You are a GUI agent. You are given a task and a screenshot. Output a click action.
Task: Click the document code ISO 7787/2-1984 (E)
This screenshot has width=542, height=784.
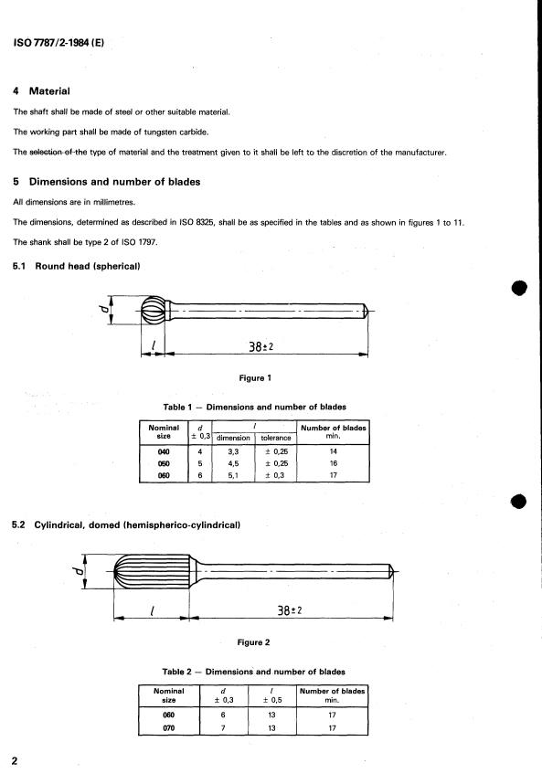[58, 43]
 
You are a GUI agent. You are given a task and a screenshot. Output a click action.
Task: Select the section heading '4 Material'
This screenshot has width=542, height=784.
[41, 91]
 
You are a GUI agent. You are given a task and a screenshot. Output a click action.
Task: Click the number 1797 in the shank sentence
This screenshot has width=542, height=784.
[147, 242]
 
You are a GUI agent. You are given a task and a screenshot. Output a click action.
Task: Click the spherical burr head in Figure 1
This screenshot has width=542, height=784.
[153, 311]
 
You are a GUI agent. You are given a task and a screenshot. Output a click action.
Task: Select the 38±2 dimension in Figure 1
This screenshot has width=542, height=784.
[261, 346]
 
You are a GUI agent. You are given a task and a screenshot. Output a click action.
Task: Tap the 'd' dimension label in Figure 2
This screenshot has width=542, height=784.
[78, 570]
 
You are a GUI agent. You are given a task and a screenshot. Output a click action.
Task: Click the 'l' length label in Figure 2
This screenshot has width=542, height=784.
[152, 610]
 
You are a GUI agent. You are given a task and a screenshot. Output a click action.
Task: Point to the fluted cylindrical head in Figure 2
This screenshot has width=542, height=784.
[152, 570]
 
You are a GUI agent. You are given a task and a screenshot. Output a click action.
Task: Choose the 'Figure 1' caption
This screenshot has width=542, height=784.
[255, 378]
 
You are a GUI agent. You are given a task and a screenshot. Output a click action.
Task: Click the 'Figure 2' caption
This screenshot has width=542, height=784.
[253, 642]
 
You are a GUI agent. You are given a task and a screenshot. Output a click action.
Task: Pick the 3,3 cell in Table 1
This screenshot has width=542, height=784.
[233, 451]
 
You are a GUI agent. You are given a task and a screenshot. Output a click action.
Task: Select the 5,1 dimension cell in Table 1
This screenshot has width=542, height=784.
[233, 475]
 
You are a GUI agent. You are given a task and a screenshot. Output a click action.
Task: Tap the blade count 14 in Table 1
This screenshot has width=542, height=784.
[334, 451]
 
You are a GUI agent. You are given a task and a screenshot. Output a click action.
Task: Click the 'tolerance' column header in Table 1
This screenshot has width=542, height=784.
[275, 438]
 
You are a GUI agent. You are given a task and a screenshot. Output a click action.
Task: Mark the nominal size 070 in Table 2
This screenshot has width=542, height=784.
[169, 728]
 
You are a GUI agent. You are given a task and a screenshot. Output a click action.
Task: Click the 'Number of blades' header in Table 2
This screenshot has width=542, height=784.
[332, 691]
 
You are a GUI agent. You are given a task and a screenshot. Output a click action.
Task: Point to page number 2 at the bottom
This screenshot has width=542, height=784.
[15, 761]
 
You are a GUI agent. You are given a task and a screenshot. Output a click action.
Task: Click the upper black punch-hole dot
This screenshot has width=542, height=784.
[519, 288]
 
